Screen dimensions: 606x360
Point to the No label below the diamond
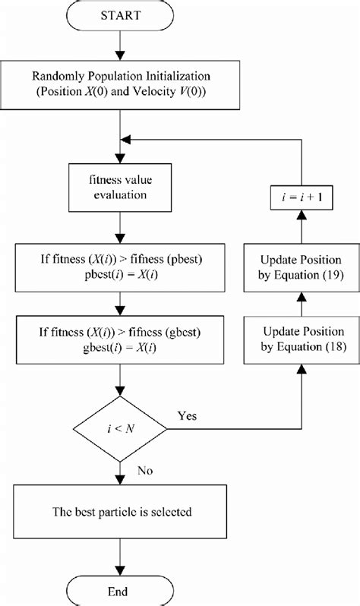pyautogui.click(x=145, y=470)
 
